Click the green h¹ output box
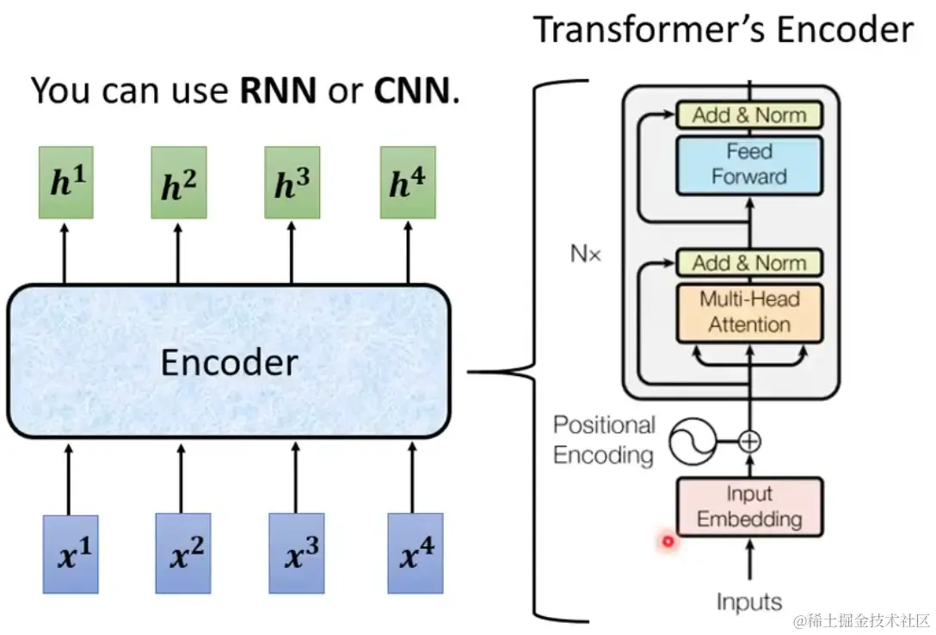pos(65,182)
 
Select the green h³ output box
pos(292,182)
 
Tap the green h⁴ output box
pos(408,182)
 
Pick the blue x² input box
pos(183,553)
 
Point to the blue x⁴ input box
pos(415,553)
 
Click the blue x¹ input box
pos(71,553)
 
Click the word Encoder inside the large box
pos(229,363)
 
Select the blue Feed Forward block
pos(749,164)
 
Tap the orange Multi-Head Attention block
pos(749,312)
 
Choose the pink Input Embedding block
pos(749,507)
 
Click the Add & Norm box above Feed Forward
pos(749,115)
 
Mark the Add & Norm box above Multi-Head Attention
pos(749,263)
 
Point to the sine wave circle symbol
pos(693,441)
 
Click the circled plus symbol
pos(750,441)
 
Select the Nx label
pos(585,254)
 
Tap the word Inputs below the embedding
pos(749,602)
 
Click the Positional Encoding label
pos(604,440)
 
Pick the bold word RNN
pos(278,90)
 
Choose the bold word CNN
pos(411,90)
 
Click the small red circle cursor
pos(667,541)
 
